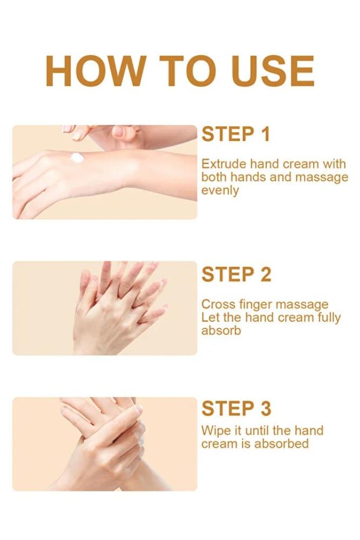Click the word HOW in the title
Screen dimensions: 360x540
pyautogui.click(x=94, y=71)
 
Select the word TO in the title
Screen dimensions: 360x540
pyautogui.click(x=188, y=71)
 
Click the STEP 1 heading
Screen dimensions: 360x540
pyautogui.click(x=236, y=134)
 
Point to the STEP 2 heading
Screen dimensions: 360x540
pyautogui.click(x=236, y=274)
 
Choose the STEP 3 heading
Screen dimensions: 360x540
pyautogui.click(x=236, y=408)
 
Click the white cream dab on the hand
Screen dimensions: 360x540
pyautogui.click(x=77, y=158)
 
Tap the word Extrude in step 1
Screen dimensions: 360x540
pyautogui.click(x=223, y=164)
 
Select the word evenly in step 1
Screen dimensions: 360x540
pyautogui.click(x=220, y=191)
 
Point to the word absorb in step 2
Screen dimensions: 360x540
pyautogui.click(x=221, y=330)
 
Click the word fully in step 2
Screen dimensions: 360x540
pyautogui.click(x=329, y=318)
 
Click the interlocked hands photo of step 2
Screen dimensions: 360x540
pyautogui.click(x=105, y=308)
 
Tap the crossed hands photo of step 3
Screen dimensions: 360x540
pyautogui.click(x=105, y=444)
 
